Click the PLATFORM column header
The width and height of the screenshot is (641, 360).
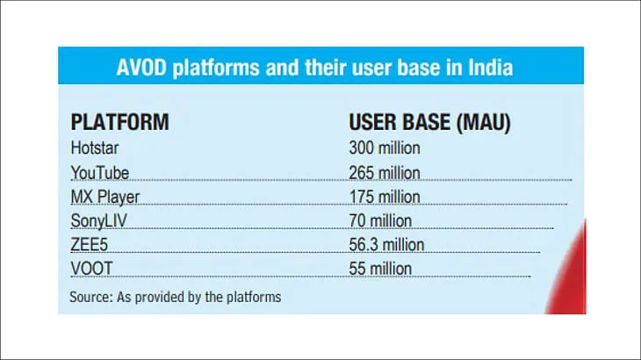tap(119, 122)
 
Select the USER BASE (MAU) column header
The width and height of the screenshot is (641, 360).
tap(429, 122)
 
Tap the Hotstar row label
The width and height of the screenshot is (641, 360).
tap(95, 148)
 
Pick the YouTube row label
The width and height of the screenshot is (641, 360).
tap(100, 173)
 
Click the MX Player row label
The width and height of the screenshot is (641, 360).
tap(105, 198)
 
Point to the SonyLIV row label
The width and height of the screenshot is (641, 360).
tap(99, 221)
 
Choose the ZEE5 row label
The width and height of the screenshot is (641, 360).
tap(89, 245)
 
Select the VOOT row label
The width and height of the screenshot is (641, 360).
tap(91, 269)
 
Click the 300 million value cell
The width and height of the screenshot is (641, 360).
tap(385, 148)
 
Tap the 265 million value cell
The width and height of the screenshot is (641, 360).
tap(385, 173)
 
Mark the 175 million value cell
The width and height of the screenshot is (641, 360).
tap(385, 198)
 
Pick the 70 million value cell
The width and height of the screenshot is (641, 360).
tap(380, 221)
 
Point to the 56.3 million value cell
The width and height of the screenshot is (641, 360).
tap(386, 245)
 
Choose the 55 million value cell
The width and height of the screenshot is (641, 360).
tap(380, 269)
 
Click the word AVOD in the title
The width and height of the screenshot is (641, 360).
tap(141, 68)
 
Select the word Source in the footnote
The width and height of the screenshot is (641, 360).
tap(90, 297)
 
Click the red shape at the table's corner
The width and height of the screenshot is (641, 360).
tap(569, 274)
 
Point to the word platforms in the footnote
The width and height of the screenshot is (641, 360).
tap(254, 297)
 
